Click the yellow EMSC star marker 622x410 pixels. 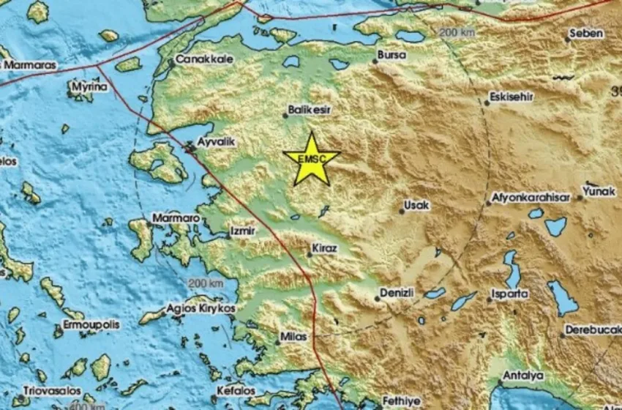click(x=312, y=159)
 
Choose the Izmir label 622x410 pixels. click(x=242, y=231)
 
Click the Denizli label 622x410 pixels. click(x=398, y=293)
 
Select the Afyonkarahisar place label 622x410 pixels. click(x=528, y=197)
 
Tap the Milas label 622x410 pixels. click(x=294, y=338)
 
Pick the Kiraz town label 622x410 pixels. click(x=324, y=249)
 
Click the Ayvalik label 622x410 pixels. click(x=217, y=143)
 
